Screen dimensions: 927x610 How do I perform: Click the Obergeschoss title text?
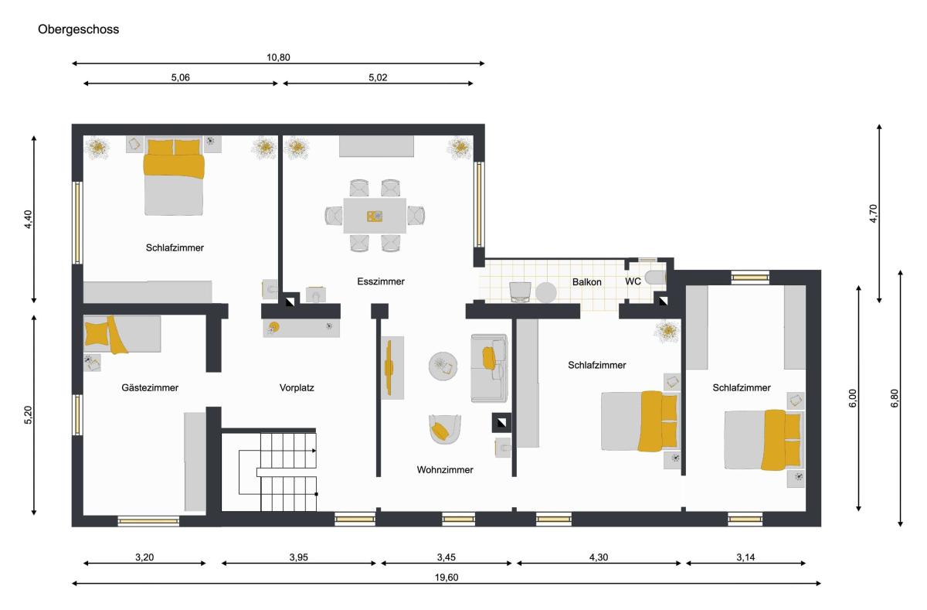pos(79,29)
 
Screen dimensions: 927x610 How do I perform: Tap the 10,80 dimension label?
pos(278,57)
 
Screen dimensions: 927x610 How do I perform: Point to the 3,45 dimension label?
pos(447,557)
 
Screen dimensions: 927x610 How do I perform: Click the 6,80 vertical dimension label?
pos(895,398)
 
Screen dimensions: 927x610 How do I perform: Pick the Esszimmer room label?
pos(381,281)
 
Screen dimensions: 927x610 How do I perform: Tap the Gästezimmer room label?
pos(150,388)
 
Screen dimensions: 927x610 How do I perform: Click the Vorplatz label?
pos(297,388)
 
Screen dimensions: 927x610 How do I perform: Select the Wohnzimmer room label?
pos(445,470)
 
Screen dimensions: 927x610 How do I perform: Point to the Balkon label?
pos(587,282)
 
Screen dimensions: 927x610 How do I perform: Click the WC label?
pos(633,281)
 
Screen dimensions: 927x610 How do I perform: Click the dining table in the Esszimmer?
pos(375,216)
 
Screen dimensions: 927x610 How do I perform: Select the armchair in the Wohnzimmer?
pos(444,429)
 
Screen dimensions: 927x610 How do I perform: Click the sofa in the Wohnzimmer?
pos(489,369)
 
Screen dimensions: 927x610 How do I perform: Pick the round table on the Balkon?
pos(546,292)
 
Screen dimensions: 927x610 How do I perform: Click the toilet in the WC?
pos(656,277)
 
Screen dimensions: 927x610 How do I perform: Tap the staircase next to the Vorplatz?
pos(278,472)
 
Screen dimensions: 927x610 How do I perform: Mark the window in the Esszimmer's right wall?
pos(479,205)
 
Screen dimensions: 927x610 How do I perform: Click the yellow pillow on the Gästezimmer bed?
pos(97,333)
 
